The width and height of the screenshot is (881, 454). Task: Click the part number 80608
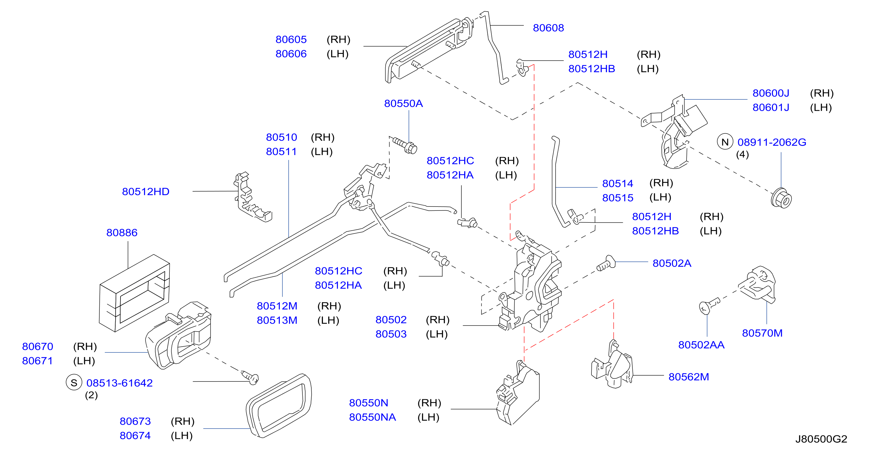[x=548, y=28]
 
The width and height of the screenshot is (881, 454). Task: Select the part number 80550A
[x=403, y=103]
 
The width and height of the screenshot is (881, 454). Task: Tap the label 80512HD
[x=146, y=192]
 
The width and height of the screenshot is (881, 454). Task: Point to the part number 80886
[x=122, y=233]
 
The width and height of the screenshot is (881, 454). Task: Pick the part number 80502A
[x=672, y=263]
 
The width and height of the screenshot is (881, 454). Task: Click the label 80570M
[x=762, y=333]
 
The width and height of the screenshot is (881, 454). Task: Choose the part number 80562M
[x=688, y=377]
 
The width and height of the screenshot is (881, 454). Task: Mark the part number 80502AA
[x=701, y=345]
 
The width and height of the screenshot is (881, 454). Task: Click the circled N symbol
[x=725, y=142]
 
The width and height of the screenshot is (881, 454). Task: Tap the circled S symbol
[x=74, y=382]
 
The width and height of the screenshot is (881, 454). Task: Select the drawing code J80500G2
[x=821, y=439]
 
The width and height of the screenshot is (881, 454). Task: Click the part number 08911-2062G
[x=772, y=142]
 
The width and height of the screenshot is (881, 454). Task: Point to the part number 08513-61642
[x=119, y=383]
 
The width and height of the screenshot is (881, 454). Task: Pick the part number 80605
[x=291, y=39]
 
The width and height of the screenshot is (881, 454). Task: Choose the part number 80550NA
[x=372, y=417]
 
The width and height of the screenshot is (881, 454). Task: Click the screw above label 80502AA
[x=709, y=306]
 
